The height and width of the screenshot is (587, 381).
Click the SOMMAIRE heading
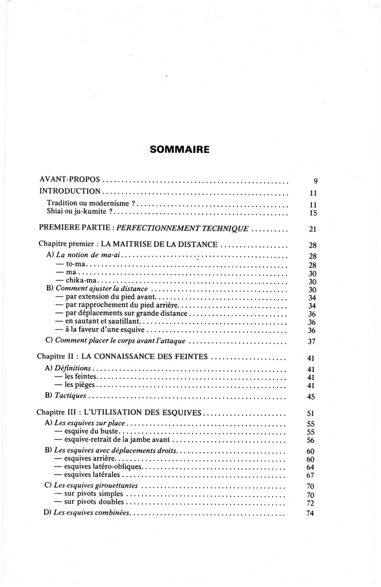pos(179,150)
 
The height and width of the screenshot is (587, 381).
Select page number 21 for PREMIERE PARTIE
pos(313,229)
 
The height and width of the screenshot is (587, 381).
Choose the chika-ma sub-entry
pos(77,281)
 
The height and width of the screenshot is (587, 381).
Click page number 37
pos(312,341)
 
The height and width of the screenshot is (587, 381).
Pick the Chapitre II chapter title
pos(123,357)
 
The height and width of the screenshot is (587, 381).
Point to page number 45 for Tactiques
pos(312,397)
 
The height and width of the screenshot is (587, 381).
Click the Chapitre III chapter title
pos(119,412)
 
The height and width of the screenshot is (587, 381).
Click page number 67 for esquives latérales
pos(312,475)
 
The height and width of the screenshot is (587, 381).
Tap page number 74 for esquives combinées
pos(312,513)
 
